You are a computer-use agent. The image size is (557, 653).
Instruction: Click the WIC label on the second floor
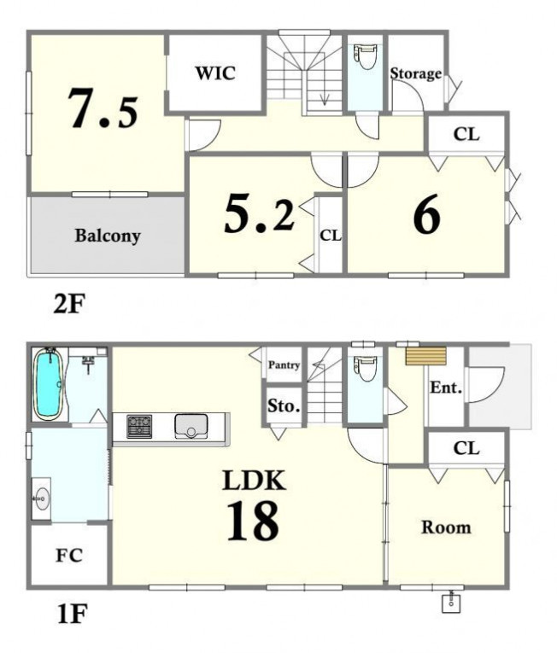(215, 73)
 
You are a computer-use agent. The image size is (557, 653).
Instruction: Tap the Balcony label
(108, 236)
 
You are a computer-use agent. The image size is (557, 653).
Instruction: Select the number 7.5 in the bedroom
(103, 108)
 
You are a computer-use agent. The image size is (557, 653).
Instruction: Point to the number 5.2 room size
(260, 214)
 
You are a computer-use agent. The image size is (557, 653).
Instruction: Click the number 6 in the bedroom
(427, 214)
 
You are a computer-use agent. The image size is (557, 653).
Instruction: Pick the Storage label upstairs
(416, 73)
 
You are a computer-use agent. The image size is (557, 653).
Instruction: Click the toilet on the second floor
(366, 56)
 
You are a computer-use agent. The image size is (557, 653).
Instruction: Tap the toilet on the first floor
(366, 368)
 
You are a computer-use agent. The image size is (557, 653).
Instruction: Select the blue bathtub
(50, 383)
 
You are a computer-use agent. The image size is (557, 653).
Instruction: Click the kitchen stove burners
(139, 427)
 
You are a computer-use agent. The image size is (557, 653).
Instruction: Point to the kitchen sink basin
(191, 425)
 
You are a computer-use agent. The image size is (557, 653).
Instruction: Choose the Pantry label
(284, 365)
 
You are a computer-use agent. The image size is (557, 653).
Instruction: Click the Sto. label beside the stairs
(284, 405)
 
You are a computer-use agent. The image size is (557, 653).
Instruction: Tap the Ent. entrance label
(446, 388)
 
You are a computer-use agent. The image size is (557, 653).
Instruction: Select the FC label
(69, 555)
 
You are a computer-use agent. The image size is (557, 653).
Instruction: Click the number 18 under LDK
(253, 521)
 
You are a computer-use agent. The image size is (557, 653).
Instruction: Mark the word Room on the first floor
(446, 528)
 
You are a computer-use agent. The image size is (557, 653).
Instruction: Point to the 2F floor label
(69, 304)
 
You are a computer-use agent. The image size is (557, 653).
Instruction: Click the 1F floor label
(72, 614)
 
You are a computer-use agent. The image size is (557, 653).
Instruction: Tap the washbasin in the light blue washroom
(41, 498)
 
